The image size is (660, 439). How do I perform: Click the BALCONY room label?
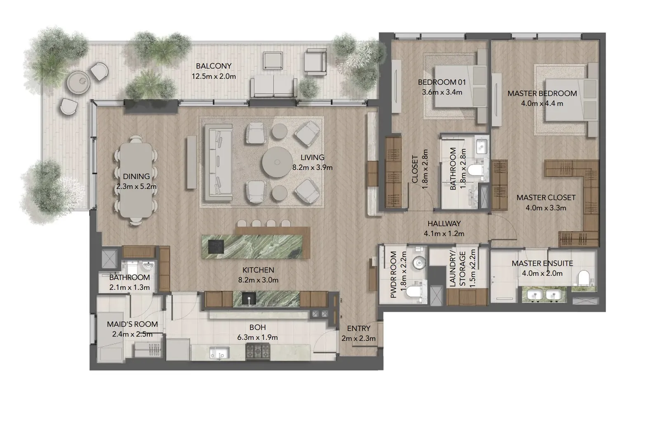click(214, 66)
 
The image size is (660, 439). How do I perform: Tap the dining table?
click(136, 180)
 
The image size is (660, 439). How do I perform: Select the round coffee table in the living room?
click(277, 162)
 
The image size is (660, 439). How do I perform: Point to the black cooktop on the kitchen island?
click(216, 247)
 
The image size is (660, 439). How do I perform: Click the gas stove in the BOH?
click(257, 352)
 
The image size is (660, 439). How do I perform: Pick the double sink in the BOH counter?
click(219, 352)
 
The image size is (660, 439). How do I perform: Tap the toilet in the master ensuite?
click(583, 278)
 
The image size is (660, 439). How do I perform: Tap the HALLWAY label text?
click(444, 224)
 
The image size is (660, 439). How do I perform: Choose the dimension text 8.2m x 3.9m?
click(312, 168)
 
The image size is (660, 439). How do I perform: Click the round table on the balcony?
click(78, 83)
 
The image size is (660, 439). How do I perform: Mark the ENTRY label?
click(358, 328)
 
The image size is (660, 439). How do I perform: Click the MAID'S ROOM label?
click(132, 324)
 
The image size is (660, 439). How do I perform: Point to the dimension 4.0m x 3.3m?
click(546, 208)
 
